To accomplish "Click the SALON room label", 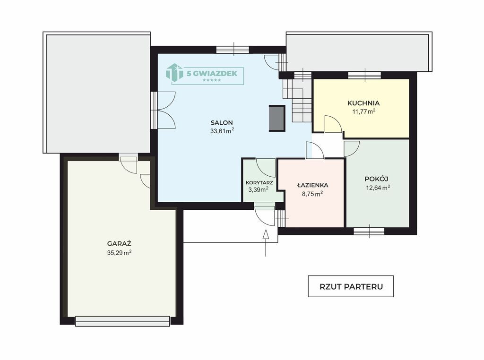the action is [x=222, y=122].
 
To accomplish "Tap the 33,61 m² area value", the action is [x=222, y=131].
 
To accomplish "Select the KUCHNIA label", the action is [x=363, y=103].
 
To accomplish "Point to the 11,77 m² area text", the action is [x=364, y=111].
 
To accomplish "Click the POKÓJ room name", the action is [x=376, y=179].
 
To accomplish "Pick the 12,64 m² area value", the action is [x=378, y=188].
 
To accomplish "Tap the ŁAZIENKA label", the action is [x=313, y=185].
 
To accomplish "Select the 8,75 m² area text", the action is [x=312, y=194].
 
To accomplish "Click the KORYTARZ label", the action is [x=259, y=183].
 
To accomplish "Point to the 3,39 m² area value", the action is [x=259, y=189].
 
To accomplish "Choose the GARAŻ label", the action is [x=119, y=243].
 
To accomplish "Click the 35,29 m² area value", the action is [x=119, y=253].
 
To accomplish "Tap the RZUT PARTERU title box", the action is [x=351, y=286].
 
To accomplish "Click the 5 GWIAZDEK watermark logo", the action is [x=205, y=74].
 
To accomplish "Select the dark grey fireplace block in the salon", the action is [x=277, y=119].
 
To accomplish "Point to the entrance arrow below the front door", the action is [x=266, y=243].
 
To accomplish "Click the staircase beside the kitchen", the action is [x=297, y=101].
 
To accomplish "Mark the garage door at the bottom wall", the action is [x=122, y=321].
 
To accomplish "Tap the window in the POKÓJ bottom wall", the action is [x=369, y=231].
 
